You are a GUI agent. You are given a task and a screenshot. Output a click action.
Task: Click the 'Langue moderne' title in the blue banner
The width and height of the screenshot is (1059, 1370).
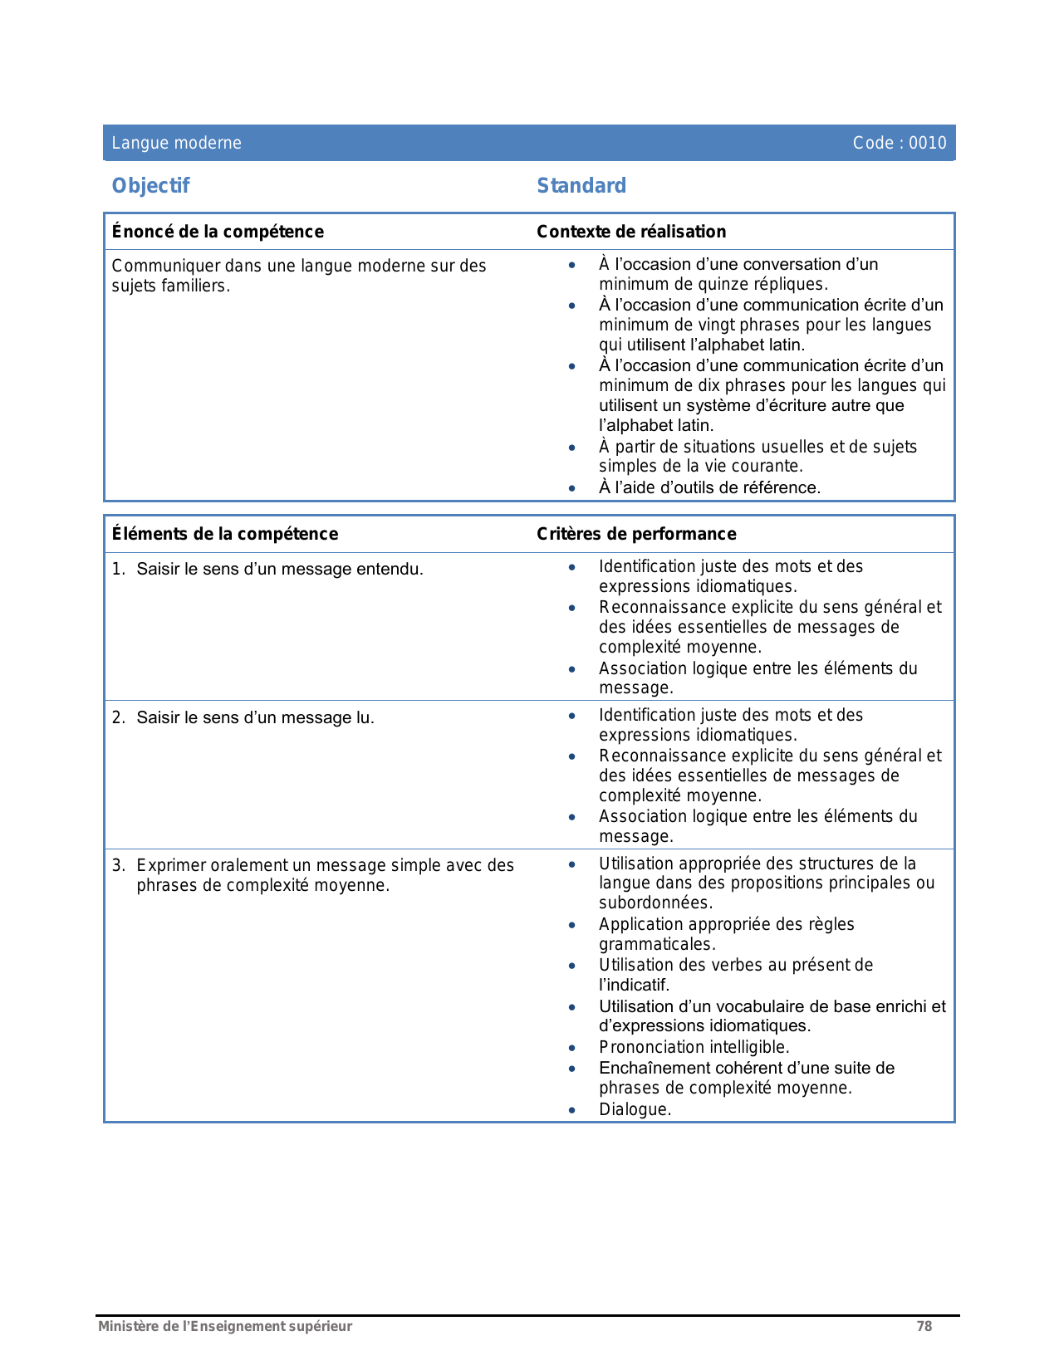176,143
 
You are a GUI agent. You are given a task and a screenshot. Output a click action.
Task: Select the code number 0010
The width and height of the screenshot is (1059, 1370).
927,143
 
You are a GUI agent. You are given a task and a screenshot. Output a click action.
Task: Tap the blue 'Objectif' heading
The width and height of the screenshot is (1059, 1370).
150,186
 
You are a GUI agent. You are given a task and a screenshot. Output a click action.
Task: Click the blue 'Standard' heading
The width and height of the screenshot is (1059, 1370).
581,186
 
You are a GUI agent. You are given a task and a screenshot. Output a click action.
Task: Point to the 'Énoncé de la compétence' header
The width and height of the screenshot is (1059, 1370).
218,232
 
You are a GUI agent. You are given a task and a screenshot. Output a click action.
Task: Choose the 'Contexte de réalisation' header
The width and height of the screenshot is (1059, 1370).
631,232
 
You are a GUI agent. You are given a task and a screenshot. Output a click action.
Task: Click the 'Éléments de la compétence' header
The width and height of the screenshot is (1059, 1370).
225,534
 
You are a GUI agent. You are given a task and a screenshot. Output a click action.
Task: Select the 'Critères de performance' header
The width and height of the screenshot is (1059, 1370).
636,534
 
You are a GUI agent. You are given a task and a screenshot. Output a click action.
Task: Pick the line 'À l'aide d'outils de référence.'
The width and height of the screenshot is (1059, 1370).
709,487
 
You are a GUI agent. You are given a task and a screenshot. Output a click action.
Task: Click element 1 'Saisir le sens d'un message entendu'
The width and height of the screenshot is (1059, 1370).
279,569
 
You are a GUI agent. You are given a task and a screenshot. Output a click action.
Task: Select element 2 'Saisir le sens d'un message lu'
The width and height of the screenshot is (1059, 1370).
255,717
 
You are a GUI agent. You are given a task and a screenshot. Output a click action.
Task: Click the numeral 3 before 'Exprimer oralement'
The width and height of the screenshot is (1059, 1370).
118,865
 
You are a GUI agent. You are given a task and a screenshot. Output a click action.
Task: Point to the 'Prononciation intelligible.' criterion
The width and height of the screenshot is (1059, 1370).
694,1047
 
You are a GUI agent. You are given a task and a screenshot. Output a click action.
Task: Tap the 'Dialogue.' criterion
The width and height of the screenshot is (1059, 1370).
635,1109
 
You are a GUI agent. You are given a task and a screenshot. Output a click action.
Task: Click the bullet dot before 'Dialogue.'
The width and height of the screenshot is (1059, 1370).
571,1110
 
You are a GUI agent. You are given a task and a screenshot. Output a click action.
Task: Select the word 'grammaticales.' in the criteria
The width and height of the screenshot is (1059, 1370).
657,944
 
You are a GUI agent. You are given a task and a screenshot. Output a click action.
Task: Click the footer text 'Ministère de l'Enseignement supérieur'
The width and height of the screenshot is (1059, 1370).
225,1326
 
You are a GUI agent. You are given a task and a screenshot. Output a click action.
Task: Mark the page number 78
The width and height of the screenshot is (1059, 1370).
924,1326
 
